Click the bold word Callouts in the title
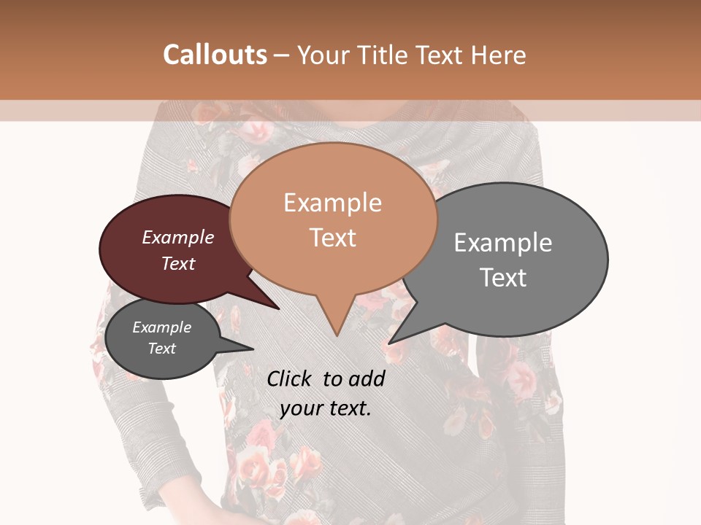215,55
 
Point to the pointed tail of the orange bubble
336,328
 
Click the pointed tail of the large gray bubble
398,337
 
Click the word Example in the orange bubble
332,203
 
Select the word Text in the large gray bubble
503,278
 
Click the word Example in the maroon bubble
178,237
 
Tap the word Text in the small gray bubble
162,349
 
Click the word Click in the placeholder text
289,378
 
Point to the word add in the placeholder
367,378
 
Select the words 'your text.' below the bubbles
326,408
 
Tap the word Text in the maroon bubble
178,263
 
